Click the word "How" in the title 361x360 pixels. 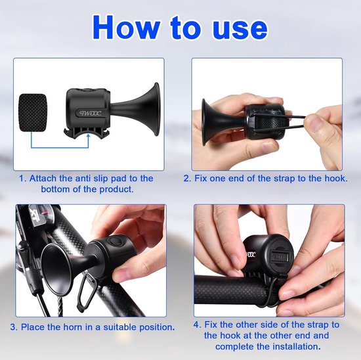(126, 28)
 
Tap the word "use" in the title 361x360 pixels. (240, 30)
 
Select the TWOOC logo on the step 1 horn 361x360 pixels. (91, 113)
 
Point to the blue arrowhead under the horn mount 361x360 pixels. (88, 136)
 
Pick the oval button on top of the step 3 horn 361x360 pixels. (115, 241)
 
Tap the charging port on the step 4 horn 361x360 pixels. (279, 256)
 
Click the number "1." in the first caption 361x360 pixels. (23, 179)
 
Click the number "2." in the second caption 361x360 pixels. (188, 179)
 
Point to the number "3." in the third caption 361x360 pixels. (14, 327)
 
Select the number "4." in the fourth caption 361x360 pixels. (198, 325)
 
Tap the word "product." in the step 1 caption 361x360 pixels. (116, 189)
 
